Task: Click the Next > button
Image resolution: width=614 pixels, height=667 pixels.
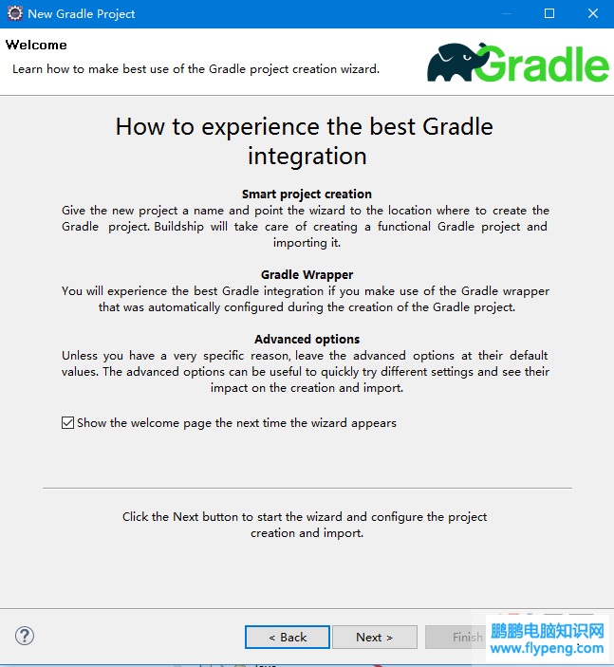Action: [375, 637]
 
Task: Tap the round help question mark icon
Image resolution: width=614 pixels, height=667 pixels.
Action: [25, 636]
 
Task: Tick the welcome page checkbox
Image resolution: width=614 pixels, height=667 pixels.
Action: [67, 423]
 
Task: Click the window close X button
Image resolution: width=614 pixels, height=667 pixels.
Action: [593, 13]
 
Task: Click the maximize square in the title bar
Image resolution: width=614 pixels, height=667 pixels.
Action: [549, 13]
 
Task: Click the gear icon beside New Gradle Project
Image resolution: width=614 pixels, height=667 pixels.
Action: [15, 13]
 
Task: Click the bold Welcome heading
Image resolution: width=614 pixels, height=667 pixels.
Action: [36, 46]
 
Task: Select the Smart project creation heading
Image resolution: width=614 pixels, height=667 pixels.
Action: [307, 194]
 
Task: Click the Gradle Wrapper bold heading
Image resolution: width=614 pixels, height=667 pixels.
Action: [307, 275]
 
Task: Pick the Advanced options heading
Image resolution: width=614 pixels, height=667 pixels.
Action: [307, 339]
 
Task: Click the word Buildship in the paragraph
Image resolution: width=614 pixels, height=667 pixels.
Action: [178, 227]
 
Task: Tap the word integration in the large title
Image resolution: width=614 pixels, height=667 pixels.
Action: [307, 157]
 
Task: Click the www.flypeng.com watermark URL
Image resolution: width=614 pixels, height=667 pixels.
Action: [547, 649]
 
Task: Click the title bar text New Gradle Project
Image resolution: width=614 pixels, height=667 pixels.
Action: [82, 14]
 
